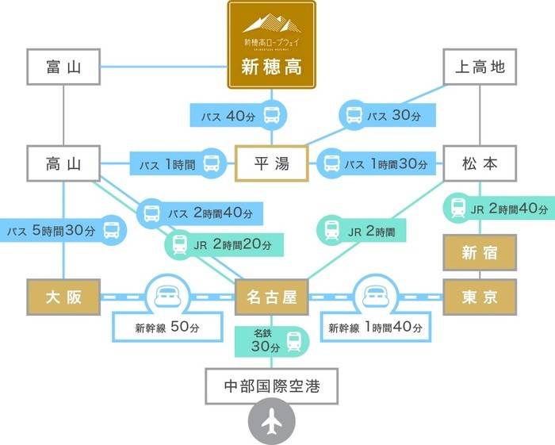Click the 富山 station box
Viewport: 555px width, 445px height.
point(64,67)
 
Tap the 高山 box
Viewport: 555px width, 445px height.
point(64,164)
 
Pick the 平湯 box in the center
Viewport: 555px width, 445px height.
point(271,164)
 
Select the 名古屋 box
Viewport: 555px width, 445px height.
point(271,297)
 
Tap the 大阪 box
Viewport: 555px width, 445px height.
point(64,297)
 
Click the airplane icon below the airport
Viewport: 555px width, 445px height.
point(272,423)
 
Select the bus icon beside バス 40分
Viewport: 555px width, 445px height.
point(272,116)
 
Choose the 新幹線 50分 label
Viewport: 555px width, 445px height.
point(166,327)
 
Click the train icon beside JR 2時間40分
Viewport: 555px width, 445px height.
point(457,209)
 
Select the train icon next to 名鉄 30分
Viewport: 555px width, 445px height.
point(294,343)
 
